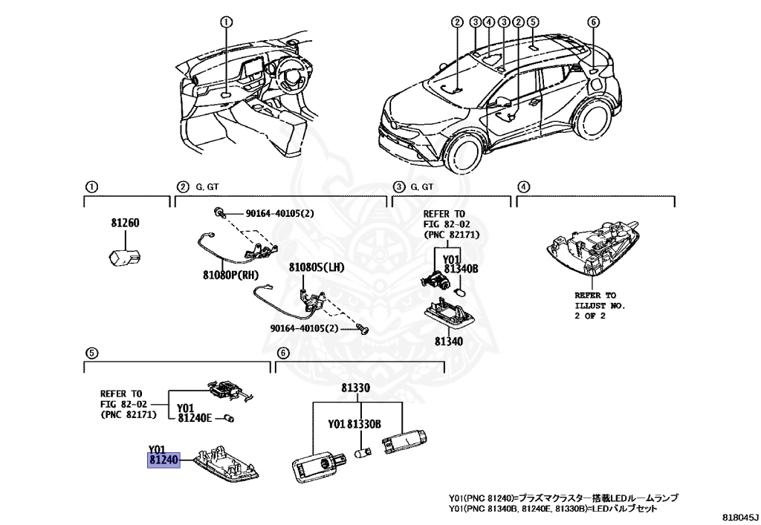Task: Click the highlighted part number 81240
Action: pyautogui.click(x=163, y=460)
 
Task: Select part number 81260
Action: pyautogui.click(x=126, y=223)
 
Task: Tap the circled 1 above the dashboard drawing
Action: pyautogui.click(x=226, y=23)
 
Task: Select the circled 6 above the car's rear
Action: pyautogui.click(x=592, y=22)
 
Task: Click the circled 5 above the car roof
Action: pyautogui.click(x=533, y=22)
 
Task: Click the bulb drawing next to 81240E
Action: pyautogui.click(x=230, y=420)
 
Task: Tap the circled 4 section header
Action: pyautogui.click(x=523, y=186)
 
